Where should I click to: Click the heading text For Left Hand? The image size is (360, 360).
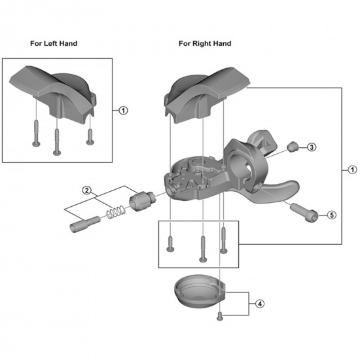pyautogui.click(x=54, y=43)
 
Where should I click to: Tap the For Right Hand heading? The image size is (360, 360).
pyautogui.click(x=205, y=43)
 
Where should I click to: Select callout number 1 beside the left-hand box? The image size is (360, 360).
pyautogui.click(x=124, y=110)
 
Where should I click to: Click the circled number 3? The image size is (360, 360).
pyautogui.click(x=312, y=147)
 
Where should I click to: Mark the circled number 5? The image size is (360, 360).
pyautogui.click(x=331, y=215)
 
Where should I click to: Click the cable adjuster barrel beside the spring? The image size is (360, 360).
pyautogui.click(x=142, y=199)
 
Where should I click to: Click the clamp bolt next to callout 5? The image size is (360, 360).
pyautogui.click(x=304, y=211)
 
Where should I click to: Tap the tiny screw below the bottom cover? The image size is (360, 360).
pyautogui.click(x=221, y=317)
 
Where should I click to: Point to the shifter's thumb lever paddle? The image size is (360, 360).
pyautogui.click(x=278, y=191)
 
